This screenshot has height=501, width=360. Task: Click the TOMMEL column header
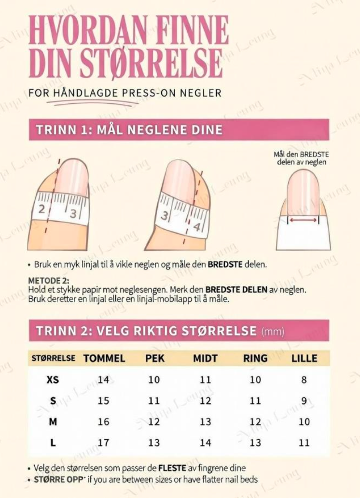pyautogui.click(x=104, y=358)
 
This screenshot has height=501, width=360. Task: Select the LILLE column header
pyautogui.click(x=305, y=358)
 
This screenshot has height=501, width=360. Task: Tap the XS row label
pyautogui.click(x=53, y=379)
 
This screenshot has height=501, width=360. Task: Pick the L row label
pyautogui.click(x=53, y=443)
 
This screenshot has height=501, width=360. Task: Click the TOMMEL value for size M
pyautogui.click(x=103, y=422)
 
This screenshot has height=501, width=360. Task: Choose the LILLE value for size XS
pyautogui.click(x=304, y=379)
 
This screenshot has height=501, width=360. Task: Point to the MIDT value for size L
pyautogui.click(x=206, y=443)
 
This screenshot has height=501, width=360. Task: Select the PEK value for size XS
pyautogui.click(x=154, y=379)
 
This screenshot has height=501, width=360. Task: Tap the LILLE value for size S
pyautogui.click(x=304, y=400)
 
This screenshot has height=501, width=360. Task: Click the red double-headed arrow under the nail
pyautogui.click(x=303, y=220)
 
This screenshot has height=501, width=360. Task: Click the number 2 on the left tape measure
pyautogui.click(x=42, y=209)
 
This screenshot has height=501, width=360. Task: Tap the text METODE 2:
pyautogui.click(x=49, y=280)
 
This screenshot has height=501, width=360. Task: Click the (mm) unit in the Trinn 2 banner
pyautogui.click(x=273, y=331)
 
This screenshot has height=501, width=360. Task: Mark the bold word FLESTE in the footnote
pyautogui.click(x=172, y=468)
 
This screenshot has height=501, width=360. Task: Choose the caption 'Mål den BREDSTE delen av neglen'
pyautogui.click(x=302, y=158)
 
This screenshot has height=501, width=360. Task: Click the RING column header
pyautogui.click(x=255, y=358)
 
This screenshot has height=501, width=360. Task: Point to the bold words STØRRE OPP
pyautogui.click(x=58, y=480)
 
